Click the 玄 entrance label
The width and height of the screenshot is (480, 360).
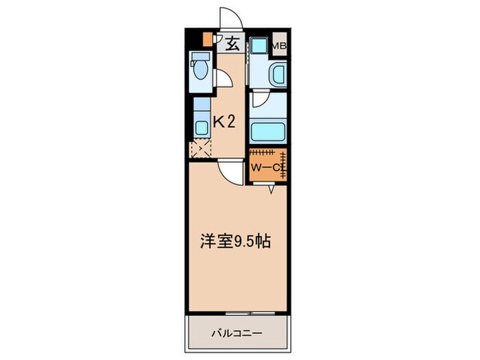pyautogui.click(x=232, y=45)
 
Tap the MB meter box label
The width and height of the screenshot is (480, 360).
pyautogui.click(x=278, y=47)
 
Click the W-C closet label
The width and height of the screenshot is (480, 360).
pyautogui.click(x=265, y=166)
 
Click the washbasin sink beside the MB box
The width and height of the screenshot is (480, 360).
pyautogui.click(x=278, y=74)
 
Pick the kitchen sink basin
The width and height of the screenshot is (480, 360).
pyautogui.click(x=202, y=128)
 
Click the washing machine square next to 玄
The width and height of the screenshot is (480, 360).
pyautogui.click(x=259, y=46)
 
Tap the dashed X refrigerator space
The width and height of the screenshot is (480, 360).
pyautogui.click(x=201, y=148)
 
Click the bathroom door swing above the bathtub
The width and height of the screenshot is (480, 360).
pyautogui.click(x=259, y=100)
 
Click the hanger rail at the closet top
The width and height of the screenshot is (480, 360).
pyautogui.click(x=263, y=152)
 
